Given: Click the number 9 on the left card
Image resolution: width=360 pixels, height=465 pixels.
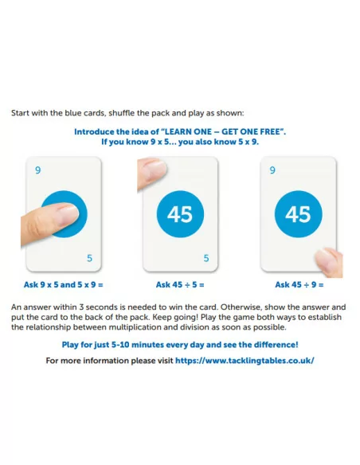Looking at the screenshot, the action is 37,170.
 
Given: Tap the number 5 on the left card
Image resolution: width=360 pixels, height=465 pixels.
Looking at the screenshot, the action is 89,258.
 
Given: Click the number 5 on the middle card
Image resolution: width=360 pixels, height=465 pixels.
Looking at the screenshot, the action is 206,258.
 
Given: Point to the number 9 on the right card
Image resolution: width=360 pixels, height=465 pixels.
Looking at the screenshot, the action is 272,170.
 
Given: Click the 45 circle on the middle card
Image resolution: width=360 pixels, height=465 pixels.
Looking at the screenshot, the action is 180,214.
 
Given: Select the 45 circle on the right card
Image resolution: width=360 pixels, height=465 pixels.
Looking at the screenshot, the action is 299,214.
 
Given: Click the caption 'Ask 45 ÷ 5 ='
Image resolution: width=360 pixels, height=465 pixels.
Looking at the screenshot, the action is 180,285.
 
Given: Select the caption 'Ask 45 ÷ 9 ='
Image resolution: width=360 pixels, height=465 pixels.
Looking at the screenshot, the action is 299,285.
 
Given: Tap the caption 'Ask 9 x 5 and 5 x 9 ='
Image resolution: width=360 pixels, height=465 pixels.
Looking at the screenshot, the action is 64,285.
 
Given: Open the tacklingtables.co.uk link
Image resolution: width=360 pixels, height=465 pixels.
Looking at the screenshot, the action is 245,361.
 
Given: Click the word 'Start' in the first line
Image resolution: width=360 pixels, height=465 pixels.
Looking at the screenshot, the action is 20,113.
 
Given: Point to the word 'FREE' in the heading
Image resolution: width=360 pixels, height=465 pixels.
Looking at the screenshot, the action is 271,131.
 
